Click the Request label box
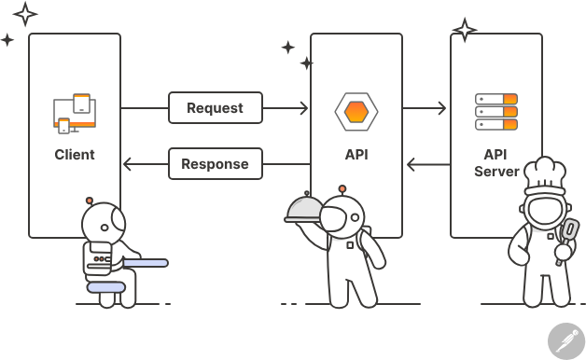215,108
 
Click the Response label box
215,164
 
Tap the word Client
75,154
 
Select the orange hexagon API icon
356,111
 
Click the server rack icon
495,112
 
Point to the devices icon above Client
75,113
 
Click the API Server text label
495,162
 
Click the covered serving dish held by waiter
306,208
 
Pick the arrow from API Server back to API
427,165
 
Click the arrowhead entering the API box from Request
302,109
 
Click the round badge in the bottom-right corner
565,340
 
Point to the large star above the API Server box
464,31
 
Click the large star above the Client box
24,13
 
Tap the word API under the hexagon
356,154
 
